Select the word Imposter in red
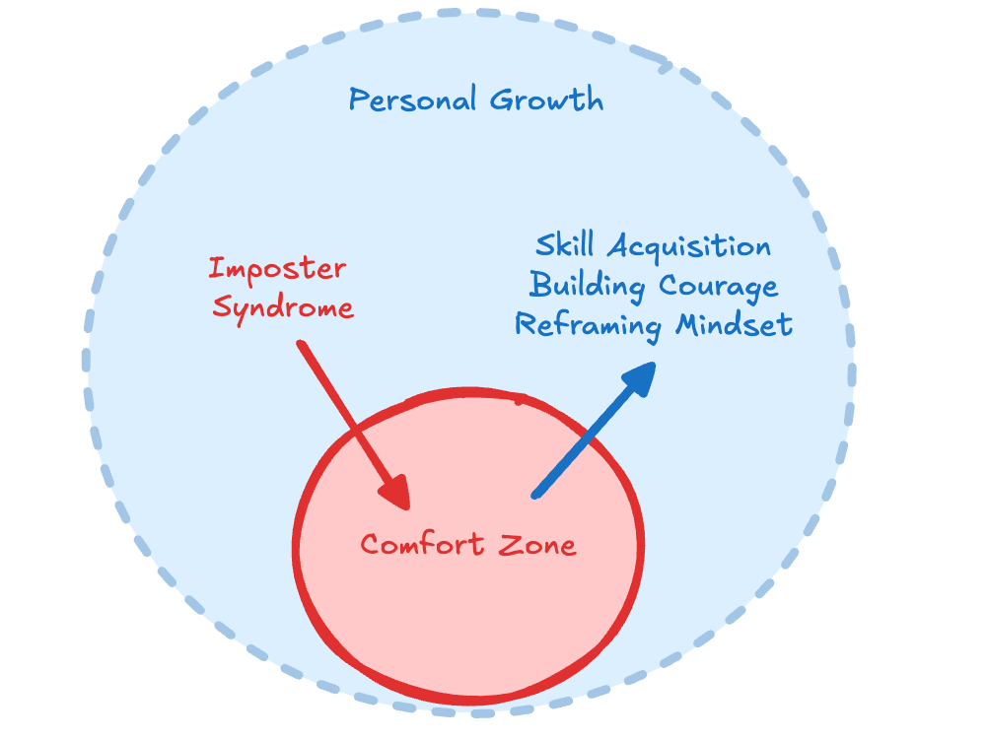click(x=277, y=268)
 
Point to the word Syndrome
click(x=283, y=307)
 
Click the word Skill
click(x=566, y=245)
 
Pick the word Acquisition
click(x=689, y=245)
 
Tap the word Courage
click(x=719, y=286)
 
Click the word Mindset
click(x=736, y=324)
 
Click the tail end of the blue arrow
click(x=535, y=495)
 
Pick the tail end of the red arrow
click(x=301, y=344)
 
